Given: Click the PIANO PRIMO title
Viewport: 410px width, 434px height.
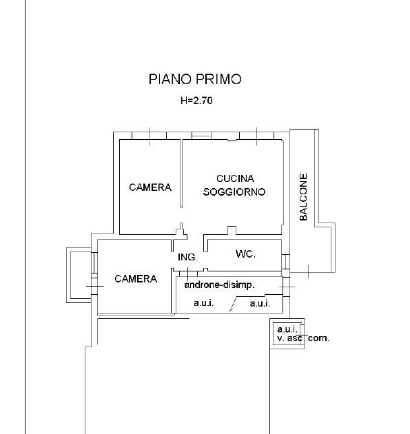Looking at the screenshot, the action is [195, 79].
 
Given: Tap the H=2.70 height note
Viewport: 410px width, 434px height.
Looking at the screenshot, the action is [196, 100].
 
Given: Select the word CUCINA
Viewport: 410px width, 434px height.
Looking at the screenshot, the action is [235, 178].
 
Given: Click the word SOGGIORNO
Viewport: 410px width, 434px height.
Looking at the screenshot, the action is [234, 192].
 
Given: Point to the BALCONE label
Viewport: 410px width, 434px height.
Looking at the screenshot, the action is [303, 197].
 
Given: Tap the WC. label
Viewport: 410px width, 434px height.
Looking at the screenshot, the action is [245, 254].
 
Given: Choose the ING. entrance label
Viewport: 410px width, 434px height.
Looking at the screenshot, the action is [187, 257].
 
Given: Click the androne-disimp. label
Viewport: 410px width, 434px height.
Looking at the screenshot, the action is [219, 285].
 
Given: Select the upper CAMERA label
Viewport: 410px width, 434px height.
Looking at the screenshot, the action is [150, 187].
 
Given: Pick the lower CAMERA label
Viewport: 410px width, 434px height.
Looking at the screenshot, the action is [136, 279].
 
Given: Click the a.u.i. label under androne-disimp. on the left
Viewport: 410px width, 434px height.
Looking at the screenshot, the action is [204, 303].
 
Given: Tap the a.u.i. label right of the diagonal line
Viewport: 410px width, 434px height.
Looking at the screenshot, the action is [260, 304].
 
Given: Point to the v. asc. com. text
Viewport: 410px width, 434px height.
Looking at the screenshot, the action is [303, 338].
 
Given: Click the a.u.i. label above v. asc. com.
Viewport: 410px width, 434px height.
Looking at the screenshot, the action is [287, 329].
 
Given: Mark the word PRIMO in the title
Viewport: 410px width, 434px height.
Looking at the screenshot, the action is [219, 79].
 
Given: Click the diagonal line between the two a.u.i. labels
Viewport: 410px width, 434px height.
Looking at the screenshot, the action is [234, 304].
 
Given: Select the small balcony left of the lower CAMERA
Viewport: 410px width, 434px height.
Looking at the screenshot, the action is [79, 275].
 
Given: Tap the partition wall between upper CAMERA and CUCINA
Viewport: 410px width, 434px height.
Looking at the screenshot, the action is [181, 174].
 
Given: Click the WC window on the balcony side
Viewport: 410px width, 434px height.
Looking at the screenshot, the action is [286, 262].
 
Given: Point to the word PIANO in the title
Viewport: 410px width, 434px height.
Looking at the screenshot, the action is [170, 79].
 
